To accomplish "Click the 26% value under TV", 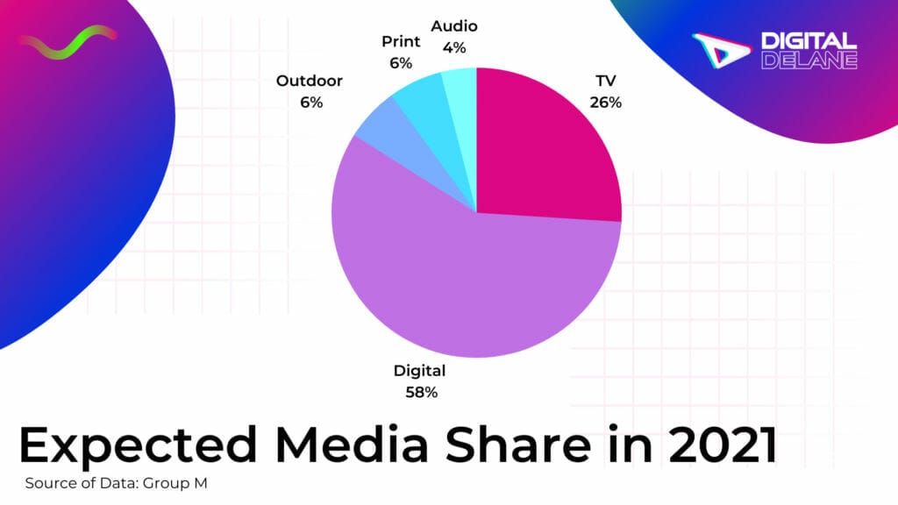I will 605,102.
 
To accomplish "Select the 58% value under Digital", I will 420,392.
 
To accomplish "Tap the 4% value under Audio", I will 454,47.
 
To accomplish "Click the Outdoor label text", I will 310,81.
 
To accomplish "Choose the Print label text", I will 401,42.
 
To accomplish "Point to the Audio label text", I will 454,26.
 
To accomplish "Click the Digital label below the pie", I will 420,371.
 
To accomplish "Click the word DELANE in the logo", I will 809,60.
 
